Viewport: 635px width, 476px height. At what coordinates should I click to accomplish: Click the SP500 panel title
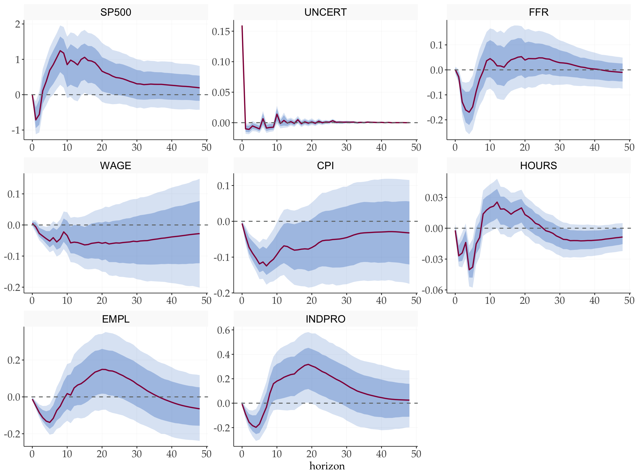(116, 12)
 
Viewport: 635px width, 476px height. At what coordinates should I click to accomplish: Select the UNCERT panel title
(325, 12)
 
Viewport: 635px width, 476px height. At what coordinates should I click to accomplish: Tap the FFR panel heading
(539, 12)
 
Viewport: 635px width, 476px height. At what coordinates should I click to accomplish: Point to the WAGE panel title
(116, 166)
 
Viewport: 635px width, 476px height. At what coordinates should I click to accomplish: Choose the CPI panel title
(325, 166)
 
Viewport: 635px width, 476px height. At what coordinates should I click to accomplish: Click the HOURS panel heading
(539, 166)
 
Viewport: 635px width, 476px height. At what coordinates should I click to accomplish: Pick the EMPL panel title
(116, 319)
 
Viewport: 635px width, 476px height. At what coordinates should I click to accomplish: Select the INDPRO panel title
(325, 319)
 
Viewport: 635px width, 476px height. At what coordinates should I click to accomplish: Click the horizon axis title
(327, 466)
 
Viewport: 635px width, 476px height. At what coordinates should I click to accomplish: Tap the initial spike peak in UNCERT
(242, 26)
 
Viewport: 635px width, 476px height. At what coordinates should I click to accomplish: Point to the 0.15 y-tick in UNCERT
(221, 32)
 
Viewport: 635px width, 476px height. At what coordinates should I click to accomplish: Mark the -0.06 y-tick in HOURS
(432, 290)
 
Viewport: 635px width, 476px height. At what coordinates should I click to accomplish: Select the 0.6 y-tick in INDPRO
(223, 330)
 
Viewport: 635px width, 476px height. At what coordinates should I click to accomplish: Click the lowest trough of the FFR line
(469, 112)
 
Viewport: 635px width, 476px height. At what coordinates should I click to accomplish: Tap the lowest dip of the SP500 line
(36, 120)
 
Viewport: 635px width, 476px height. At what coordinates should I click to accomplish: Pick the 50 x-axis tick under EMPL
(206, 454)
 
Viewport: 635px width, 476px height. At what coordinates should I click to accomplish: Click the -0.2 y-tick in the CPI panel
(222, 293)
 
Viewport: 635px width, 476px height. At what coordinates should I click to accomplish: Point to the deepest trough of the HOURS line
(469, 270)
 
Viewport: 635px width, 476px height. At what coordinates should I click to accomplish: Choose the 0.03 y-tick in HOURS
(434, 198)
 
